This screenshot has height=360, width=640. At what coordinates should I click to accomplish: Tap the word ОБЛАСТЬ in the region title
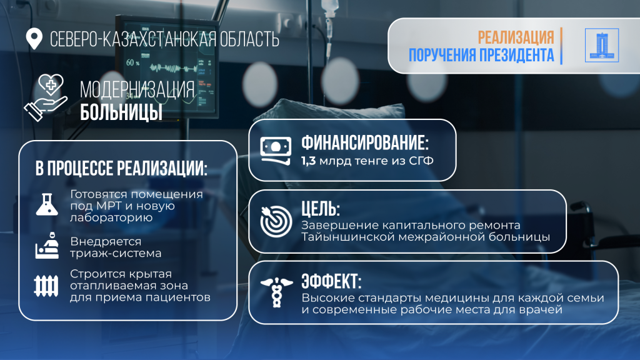[x=248, y=39]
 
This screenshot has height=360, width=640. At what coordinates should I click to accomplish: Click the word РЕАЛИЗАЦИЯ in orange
[x=516, y=37]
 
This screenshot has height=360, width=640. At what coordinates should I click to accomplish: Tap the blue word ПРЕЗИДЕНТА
[x=516, y=56]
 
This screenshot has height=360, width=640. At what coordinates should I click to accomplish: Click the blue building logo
[x=601, y=46]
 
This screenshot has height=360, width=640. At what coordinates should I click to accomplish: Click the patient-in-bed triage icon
[x=46, y=247]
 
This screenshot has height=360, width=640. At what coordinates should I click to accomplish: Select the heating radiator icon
[x=46, y=286]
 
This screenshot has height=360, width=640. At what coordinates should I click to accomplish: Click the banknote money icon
[x=275, y=148]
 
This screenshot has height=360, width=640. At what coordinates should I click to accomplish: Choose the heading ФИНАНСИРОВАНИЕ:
[x=365, y=142]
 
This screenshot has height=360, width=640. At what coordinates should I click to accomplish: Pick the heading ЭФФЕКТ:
[x=331, y=279]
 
